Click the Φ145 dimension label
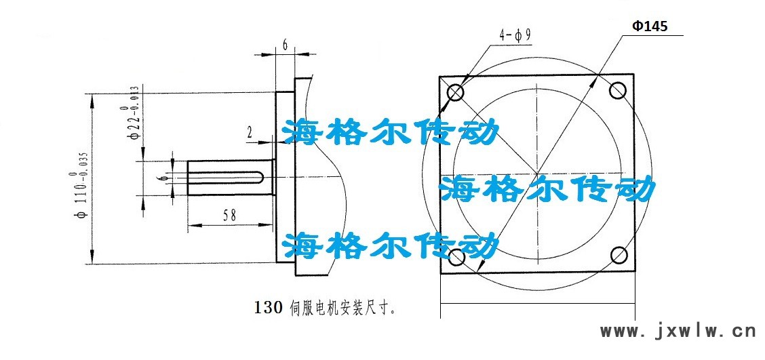650,26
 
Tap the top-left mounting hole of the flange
454,92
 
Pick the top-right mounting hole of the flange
618,90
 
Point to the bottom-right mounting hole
619,255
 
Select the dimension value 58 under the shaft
229,215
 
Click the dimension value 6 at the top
286,45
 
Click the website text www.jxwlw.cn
678,332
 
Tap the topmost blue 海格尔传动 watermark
391,133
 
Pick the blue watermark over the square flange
547,188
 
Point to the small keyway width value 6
159,178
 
